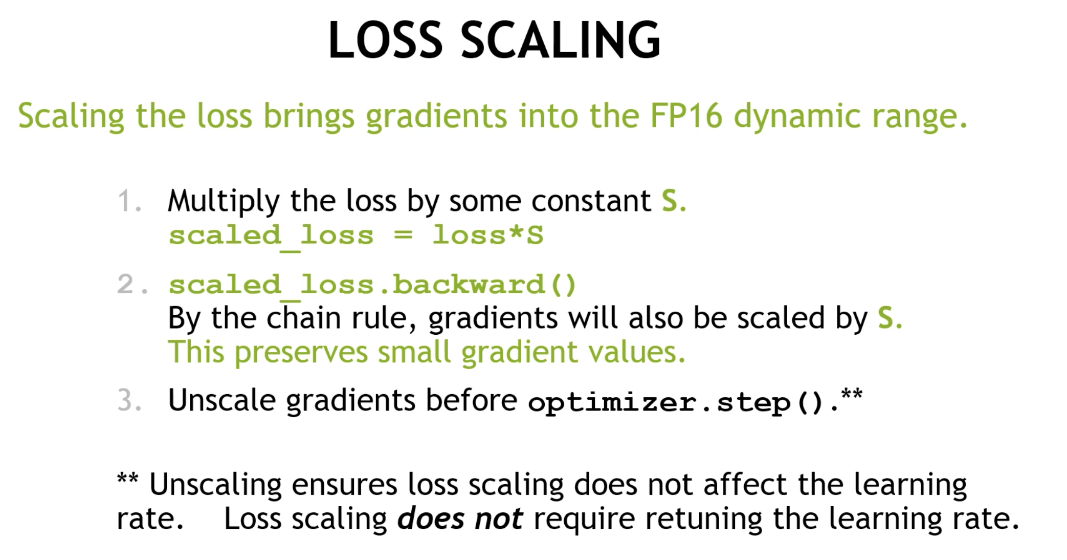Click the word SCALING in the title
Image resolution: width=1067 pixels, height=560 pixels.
[x=561, y=40]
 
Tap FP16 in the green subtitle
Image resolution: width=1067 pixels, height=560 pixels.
[x=686, y=116]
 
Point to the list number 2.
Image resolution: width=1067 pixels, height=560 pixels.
[x=132, y=285]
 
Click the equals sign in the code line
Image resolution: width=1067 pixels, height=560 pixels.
[x=403, y=235]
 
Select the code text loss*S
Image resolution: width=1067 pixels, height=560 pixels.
[x=487, y=235]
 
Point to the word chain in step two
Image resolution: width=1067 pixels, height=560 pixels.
[x=303, y=318]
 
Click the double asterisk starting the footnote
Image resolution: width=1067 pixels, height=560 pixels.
[x=127, y=479]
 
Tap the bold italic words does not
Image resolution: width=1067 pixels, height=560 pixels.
[x=460, y=519]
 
